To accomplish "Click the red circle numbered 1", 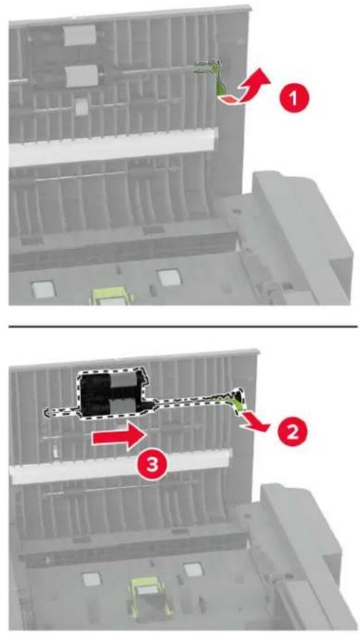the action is [x=294, y=98].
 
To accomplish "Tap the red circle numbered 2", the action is [x=293, y=432].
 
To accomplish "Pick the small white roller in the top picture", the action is [x=83, y=107].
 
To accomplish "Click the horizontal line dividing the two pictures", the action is [x=183, y=326].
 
